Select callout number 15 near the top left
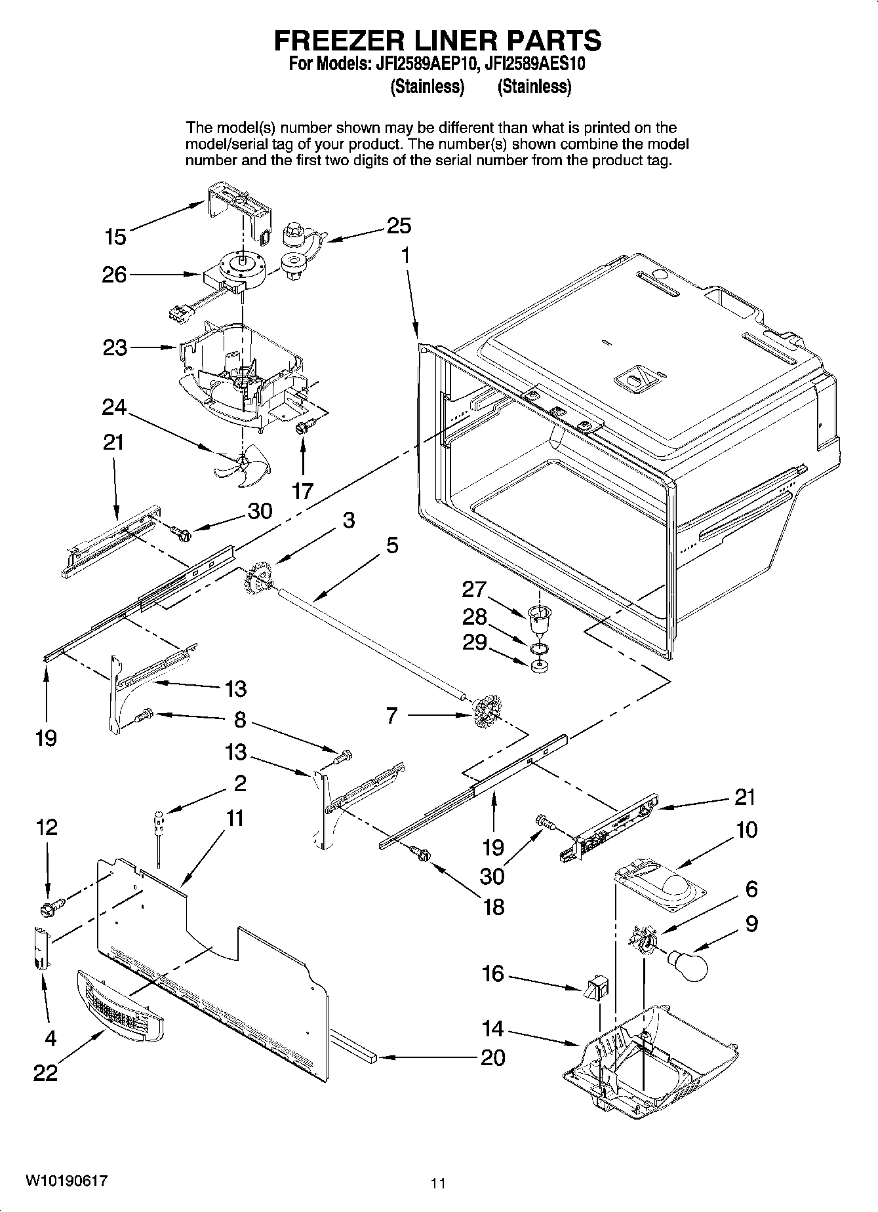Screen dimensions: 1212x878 pos(115,237)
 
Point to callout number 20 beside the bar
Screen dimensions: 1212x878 pos(493,1057)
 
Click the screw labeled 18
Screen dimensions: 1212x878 pos(419,853)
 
